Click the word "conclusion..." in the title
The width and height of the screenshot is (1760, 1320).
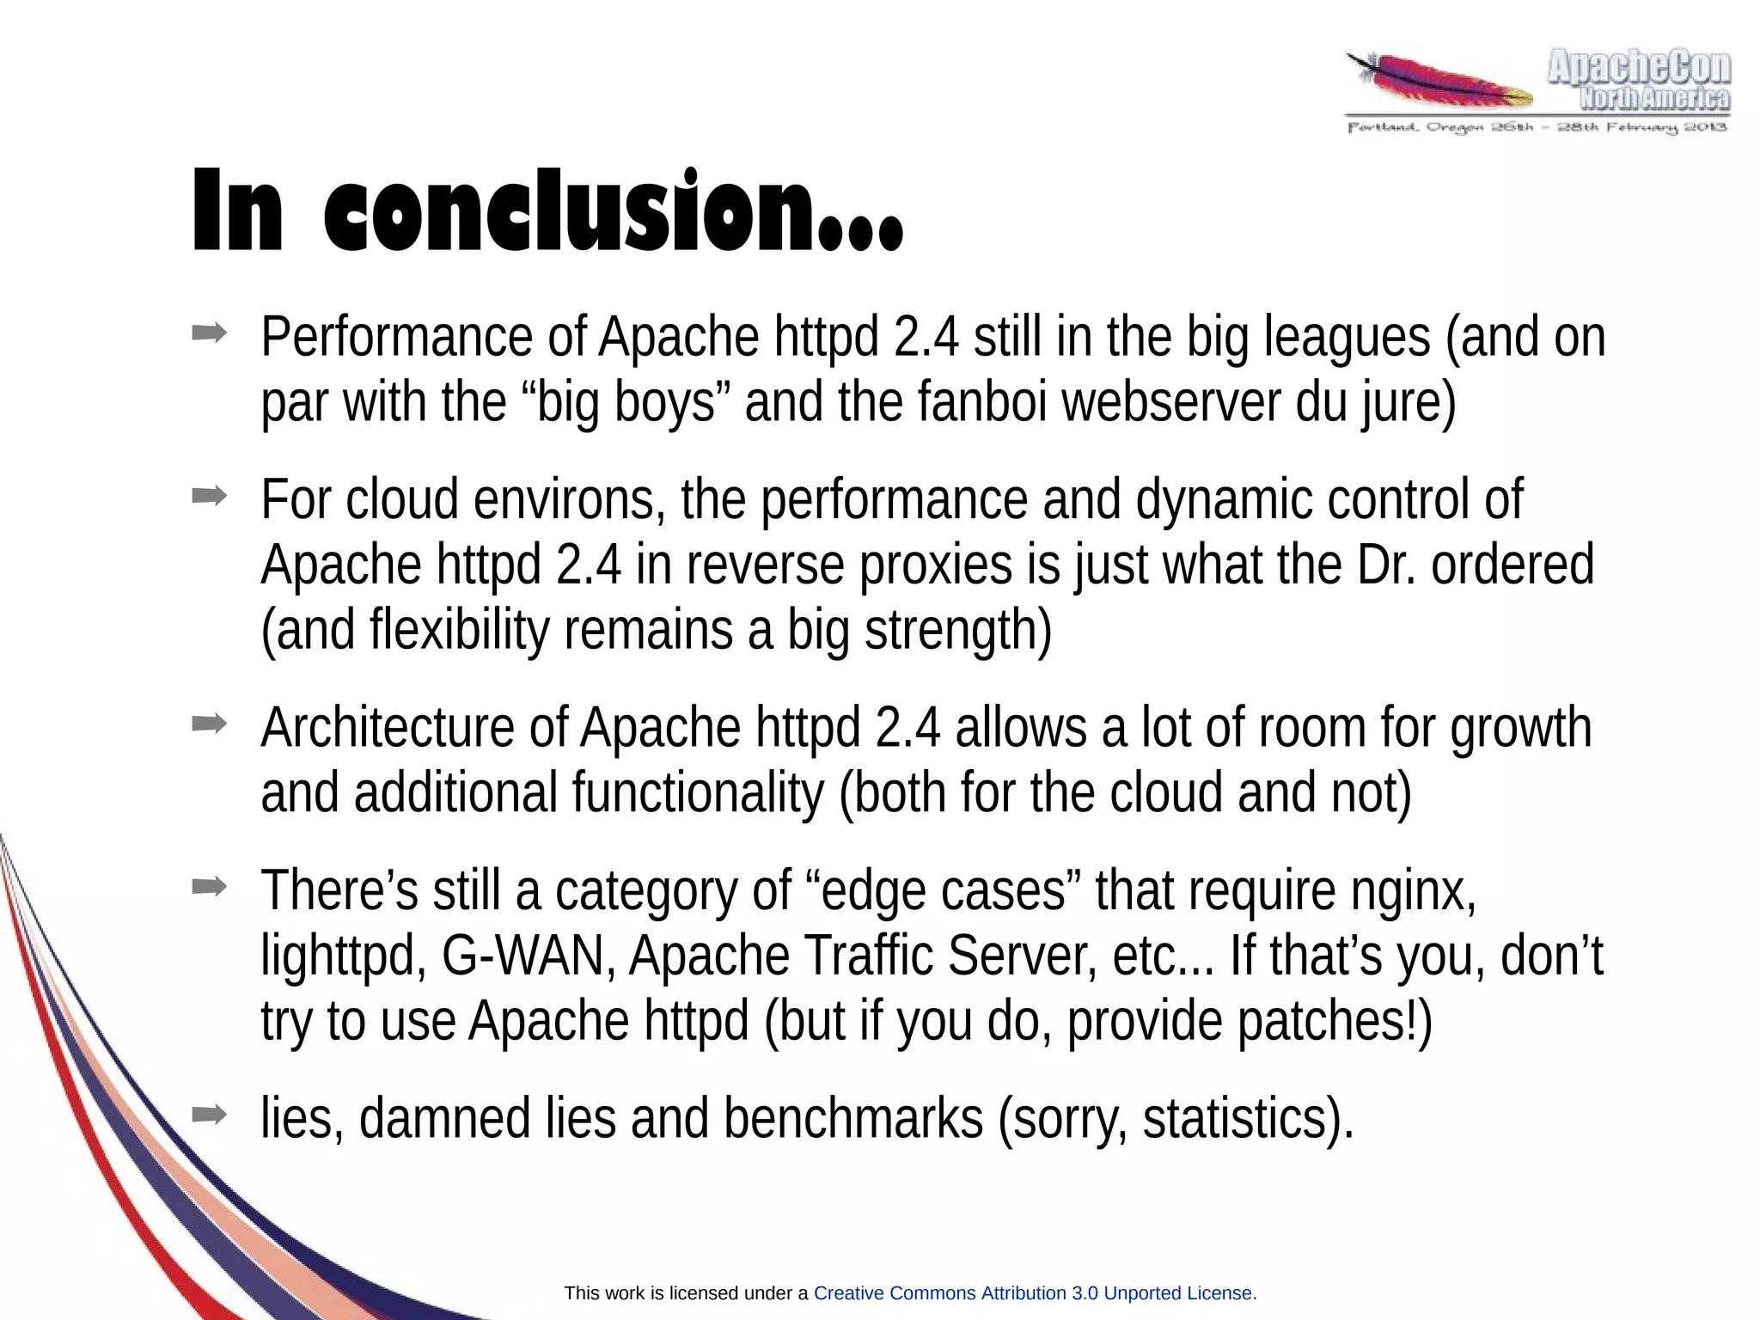pyautogui.click(x=614, y=211)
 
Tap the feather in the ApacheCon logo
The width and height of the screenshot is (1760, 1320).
pyautogui.click(x=1444, y=84)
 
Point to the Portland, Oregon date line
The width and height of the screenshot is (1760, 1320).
pyautogui.click(x=1537, y=128)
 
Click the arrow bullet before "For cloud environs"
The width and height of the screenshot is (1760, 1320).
pyautogui.click(x=209, y=495)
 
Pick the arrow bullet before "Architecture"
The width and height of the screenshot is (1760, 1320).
pyautogui.click(x=209, y=724)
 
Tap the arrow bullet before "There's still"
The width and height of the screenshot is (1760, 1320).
pyautogui.click(x=209, y=886)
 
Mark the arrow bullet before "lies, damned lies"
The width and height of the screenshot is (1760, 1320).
pyautogui.click(x=209, y=1115)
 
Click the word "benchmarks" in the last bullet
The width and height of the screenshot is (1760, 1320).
pyautogui.click(x=853, y=1119)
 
